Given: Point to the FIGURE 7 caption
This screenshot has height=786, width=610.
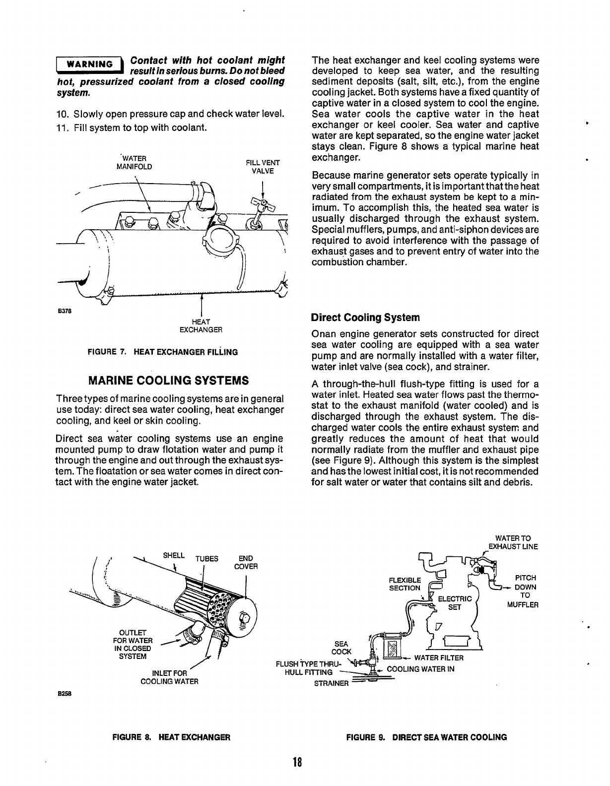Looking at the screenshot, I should [x=162, y=352].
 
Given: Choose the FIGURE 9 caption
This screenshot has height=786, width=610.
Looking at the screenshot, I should [x=426, y=737].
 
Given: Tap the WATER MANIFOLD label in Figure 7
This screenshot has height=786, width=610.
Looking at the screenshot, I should [x=134, y=162].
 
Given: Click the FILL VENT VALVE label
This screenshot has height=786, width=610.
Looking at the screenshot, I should [x=263, y=167].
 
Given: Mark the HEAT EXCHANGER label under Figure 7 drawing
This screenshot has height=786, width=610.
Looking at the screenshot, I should [x=200, y=326].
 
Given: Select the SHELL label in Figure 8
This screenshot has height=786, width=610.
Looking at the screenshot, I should [x=174, y=555].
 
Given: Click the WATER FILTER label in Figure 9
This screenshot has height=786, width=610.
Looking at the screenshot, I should [x=439, y=658].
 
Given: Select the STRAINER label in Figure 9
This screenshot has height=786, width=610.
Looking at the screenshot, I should [x=332, y=683].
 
